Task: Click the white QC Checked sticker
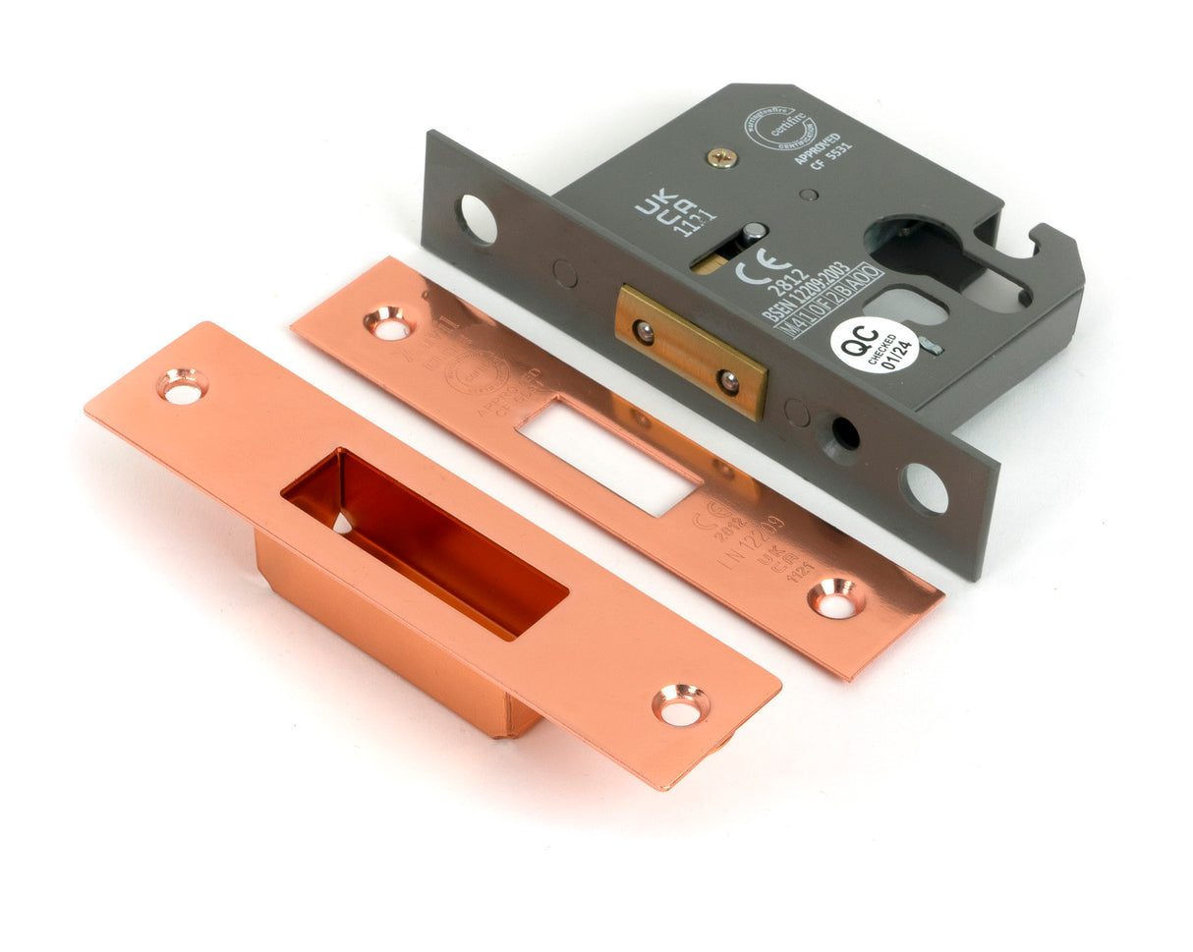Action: pos(874,345)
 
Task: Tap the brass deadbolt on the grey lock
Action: pos(691,352)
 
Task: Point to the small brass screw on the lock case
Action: pos(721,157)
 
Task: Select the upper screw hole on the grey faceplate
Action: pos(477,219)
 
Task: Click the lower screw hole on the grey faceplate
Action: pos(924,487)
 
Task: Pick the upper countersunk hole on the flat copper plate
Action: pos(389,323)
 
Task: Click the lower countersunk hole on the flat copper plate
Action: pos(836,597)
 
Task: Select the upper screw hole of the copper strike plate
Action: pos(182,385)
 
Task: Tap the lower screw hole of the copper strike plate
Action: pos(680,704)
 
